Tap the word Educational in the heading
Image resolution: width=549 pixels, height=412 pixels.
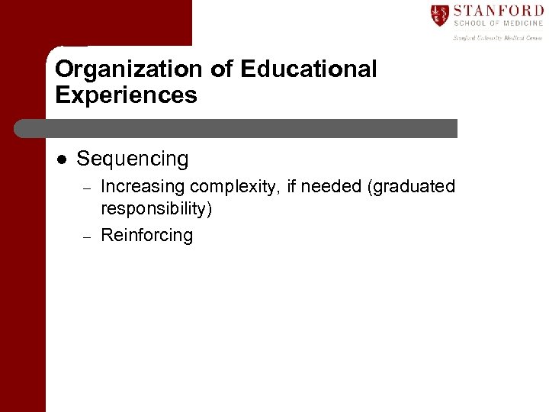308,69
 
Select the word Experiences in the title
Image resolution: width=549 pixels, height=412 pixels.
126,95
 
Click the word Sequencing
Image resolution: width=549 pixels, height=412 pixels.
133,159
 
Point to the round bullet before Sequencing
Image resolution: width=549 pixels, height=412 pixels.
62,159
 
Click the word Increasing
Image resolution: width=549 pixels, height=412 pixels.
143,187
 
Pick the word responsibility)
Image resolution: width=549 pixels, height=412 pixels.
156,208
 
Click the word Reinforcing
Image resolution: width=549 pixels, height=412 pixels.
147,235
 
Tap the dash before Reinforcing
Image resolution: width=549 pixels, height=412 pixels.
87,237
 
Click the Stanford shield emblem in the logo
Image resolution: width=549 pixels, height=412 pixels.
439,15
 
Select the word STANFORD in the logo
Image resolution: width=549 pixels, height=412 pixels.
499,11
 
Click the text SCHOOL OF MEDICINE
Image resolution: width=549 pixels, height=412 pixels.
499,24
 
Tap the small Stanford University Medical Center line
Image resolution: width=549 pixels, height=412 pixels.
498,37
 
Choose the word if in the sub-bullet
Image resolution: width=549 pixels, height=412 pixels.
293,187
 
